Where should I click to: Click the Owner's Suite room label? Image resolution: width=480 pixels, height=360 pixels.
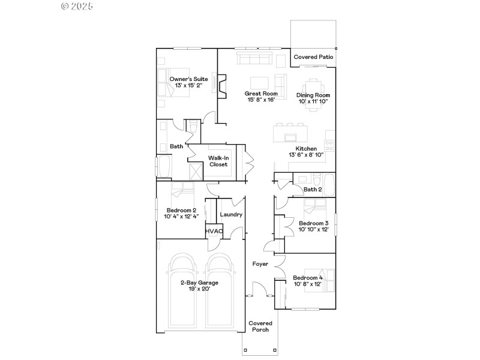(188, 79)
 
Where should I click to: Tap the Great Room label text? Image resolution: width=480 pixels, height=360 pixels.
(261, 94)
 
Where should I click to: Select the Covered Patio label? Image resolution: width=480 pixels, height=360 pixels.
(313, 57)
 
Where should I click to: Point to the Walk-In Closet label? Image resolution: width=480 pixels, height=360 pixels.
(218, 161)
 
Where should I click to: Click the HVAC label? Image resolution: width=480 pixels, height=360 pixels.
(214, 231)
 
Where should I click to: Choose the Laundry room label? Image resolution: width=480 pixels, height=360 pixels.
(231, 214)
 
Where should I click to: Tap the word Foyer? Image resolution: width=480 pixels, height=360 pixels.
(260, 263)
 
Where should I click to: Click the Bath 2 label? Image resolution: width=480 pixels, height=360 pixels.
(313, 190)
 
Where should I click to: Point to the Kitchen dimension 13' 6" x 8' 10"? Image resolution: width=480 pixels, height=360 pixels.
(305, 155)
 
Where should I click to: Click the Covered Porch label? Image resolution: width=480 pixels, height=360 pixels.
(260, 326)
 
